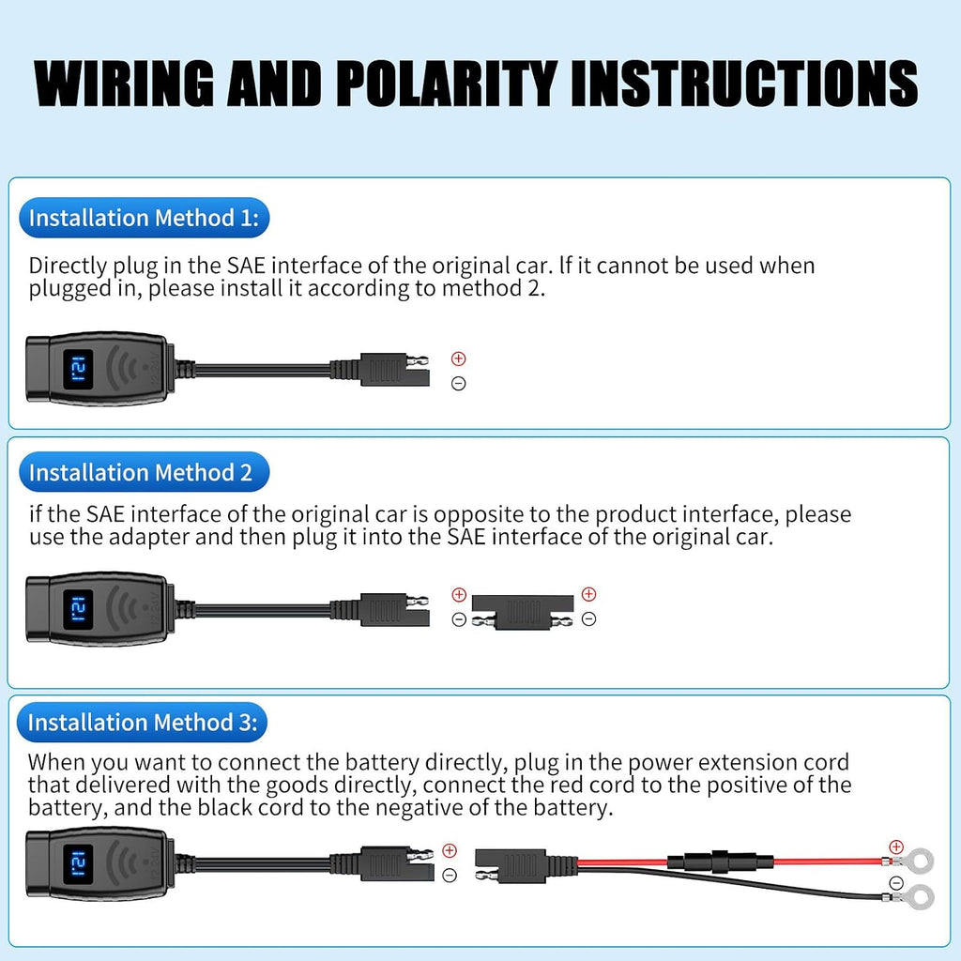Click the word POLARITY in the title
click(x=447, y=84)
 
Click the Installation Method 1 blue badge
click(x=144, y=218)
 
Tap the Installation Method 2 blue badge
click(x=144, y=472)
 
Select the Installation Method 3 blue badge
click(x=143, y=722)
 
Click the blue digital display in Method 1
click(x=79, y=370)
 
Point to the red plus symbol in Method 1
click(x=458, y=358)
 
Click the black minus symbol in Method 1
click(x=458, y=384)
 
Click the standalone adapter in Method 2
click(x=523, y=611)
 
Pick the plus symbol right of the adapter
click(x=589, y=594)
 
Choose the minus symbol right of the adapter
click(x=589, y=619)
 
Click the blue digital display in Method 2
click(x=79, y=610)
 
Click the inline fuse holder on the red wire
click(x=720, y=861)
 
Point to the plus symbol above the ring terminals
click(x=896, y=847)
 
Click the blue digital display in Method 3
click(x=79, y=864)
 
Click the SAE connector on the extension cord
click(x=511, y=865)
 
